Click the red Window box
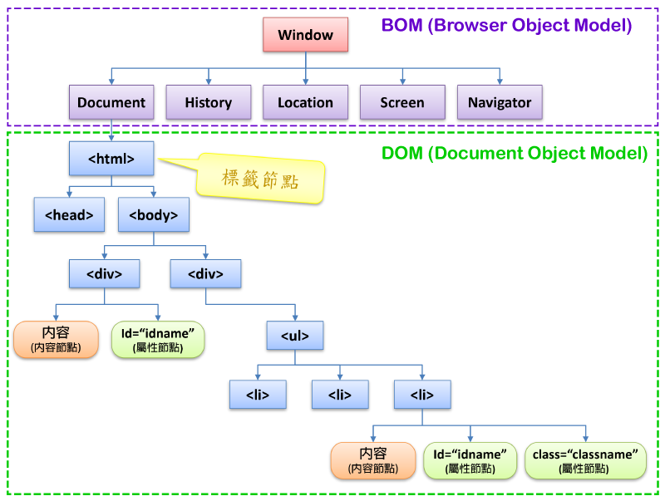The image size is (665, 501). point(305,35)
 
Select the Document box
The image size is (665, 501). point(111,102)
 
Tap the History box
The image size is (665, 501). point(208,102)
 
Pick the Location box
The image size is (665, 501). point(305,102)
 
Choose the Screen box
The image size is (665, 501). point(402,102)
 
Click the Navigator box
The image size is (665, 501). point(500,102)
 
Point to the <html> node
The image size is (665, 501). point(111,158)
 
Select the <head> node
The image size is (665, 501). point(69,214)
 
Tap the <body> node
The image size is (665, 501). point(154,214)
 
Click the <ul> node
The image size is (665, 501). point(295,336)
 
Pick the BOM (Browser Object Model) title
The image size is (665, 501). point(506,26)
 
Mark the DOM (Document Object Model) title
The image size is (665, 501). point(514,153)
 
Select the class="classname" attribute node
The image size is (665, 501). point(585,460)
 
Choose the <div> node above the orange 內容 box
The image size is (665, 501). point(105,273)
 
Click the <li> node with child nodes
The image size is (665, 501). point(422,395)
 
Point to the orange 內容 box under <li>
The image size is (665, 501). point(372,460)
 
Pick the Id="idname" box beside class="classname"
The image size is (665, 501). point(470,460)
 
